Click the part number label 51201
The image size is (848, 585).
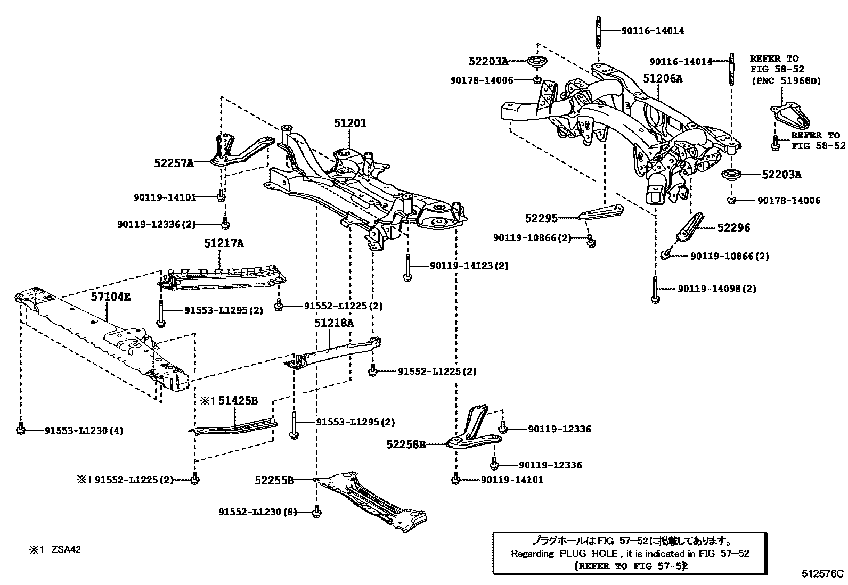350,123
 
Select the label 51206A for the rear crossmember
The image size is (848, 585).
662,78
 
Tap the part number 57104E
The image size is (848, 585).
110,297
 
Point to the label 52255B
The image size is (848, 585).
274,480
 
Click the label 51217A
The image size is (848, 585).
224,243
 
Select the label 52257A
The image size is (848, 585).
174,163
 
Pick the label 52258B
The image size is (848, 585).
406,443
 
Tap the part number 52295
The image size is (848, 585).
541,218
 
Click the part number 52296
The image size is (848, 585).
733,228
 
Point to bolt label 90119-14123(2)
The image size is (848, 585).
469,266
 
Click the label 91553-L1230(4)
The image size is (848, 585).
84,430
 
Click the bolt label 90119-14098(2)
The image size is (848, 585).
716,289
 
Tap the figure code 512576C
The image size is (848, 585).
822,573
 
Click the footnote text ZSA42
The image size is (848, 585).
66,549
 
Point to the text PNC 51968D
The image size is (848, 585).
786,80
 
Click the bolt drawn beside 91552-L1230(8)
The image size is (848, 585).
317,512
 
